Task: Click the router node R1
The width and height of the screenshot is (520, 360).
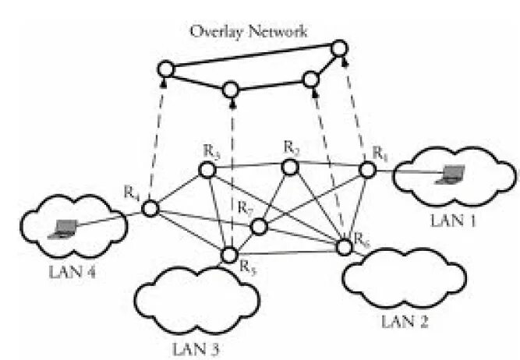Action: (x=367, y=171)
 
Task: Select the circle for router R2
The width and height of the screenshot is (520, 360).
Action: (x=290, y=167)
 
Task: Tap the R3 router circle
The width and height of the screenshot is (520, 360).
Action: (x=207, y=169)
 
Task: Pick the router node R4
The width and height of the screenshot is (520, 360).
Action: (x=150, y=208)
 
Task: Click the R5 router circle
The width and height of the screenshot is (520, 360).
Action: (x=229, y=255)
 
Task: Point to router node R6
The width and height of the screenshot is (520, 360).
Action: (x=344, y=248)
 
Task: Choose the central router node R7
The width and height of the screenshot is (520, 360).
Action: (x=260, y=226)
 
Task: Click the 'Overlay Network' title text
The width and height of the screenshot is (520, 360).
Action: (x=249, y=32)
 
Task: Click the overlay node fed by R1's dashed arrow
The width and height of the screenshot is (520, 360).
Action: (x=340, y=49)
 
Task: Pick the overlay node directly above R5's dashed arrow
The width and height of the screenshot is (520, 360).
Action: (x=231, y=90)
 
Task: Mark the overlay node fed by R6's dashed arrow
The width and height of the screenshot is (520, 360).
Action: (x=311, y=79)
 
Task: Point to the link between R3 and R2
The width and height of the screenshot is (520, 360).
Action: (x=249, y=168)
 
